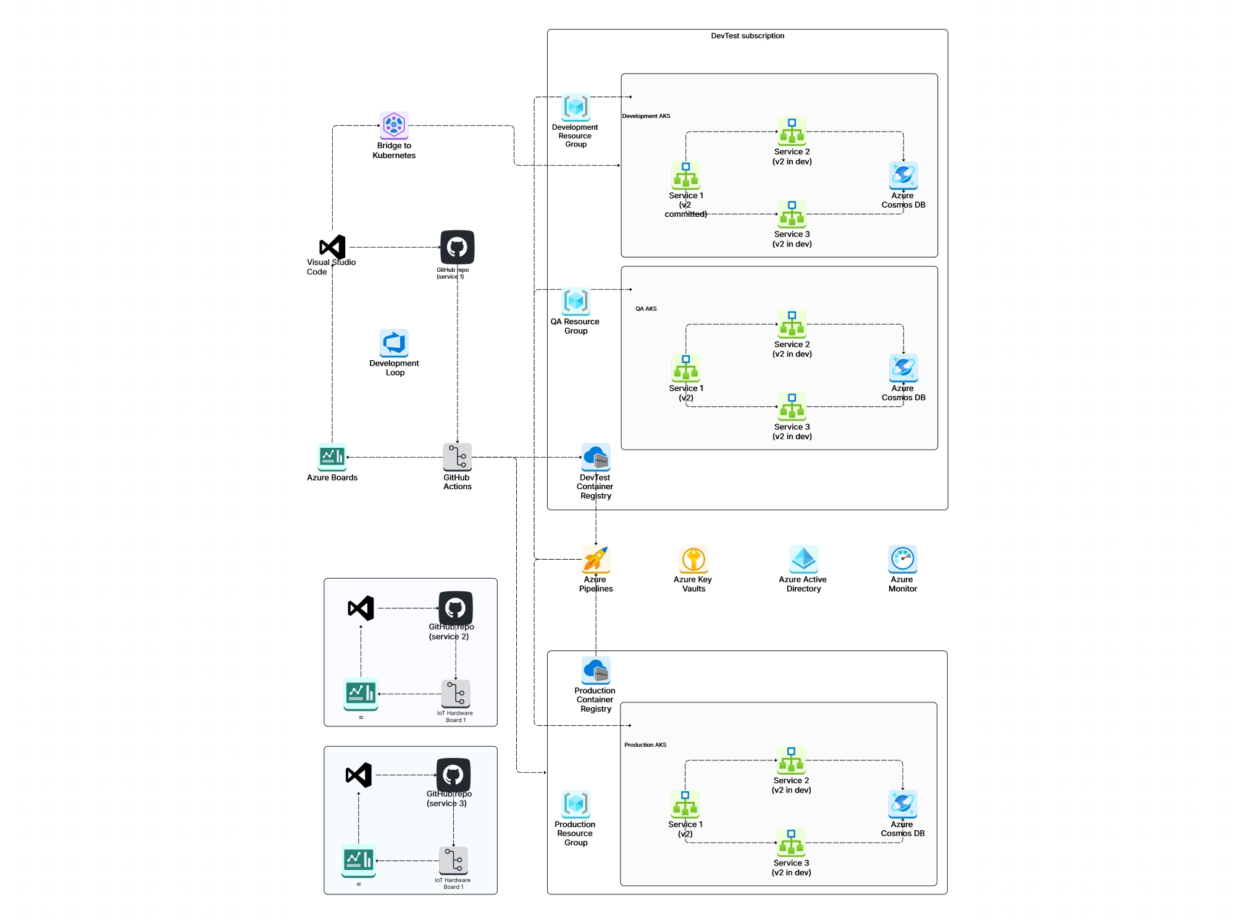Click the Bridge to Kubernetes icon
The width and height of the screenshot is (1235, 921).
(x=394, y=125)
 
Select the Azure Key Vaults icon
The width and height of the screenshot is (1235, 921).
(x=693, y=559)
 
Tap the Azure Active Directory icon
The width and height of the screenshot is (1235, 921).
(x=803, y=559)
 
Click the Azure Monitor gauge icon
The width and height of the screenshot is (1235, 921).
(x=902, y=559)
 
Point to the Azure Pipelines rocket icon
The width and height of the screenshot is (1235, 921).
(x=595, y=559)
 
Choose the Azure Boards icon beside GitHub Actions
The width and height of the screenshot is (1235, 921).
(x=332, y=457)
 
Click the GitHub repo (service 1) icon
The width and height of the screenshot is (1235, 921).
(x=457, y=247)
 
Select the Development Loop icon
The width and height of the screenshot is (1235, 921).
(x=394, y=343)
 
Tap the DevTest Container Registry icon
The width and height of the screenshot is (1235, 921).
(x=595, y=457)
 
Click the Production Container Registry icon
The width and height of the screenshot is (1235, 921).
(x=595, y=670)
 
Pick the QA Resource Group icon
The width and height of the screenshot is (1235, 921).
(x=576, y=301)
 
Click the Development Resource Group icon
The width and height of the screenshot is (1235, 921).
(x=576, y=107)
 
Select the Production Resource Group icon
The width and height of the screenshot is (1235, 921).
(x=576, y=804)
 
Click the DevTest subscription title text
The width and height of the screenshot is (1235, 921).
(x=747, y=36)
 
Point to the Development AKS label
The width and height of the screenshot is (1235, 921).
(x=646, y=116)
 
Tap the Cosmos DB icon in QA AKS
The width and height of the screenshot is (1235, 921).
(x=903, y=368)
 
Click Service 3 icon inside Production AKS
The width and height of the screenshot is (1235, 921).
(x=791, y=843)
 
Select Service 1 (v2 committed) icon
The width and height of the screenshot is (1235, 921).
(x=685, y=176)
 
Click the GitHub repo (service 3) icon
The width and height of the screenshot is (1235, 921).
(x=453, y=775)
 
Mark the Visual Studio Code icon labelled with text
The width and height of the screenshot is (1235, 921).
(x=332, y=247)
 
